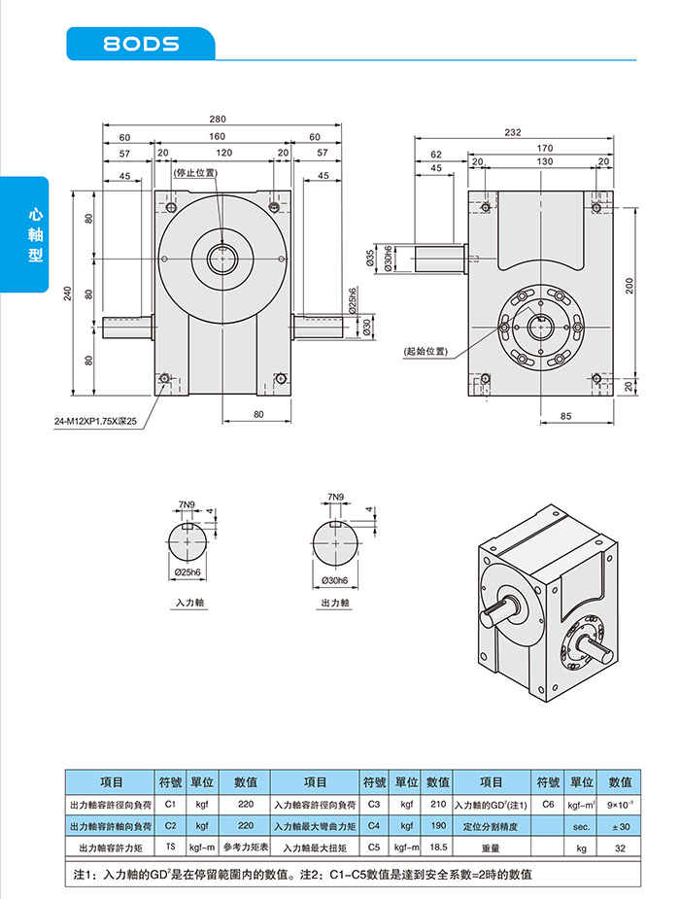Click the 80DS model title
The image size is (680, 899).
142,44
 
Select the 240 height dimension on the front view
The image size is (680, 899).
68,293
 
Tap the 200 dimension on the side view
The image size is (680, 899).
629,286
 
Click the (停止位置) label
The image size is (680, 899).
194,173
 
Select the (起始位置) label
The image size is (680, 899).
425,350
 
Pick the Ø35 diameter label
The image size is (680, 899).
370,258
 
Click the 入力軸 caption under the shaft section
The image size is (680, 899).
190,604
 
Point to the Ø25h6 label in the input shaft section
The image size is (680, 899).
188,572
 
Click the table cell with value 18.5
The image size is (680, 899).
438,847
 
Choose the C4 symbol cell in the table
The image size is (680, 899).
374,826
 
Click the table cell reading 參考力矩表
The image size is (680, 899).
245,847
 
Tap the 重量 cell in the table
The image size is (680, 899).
491,847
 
